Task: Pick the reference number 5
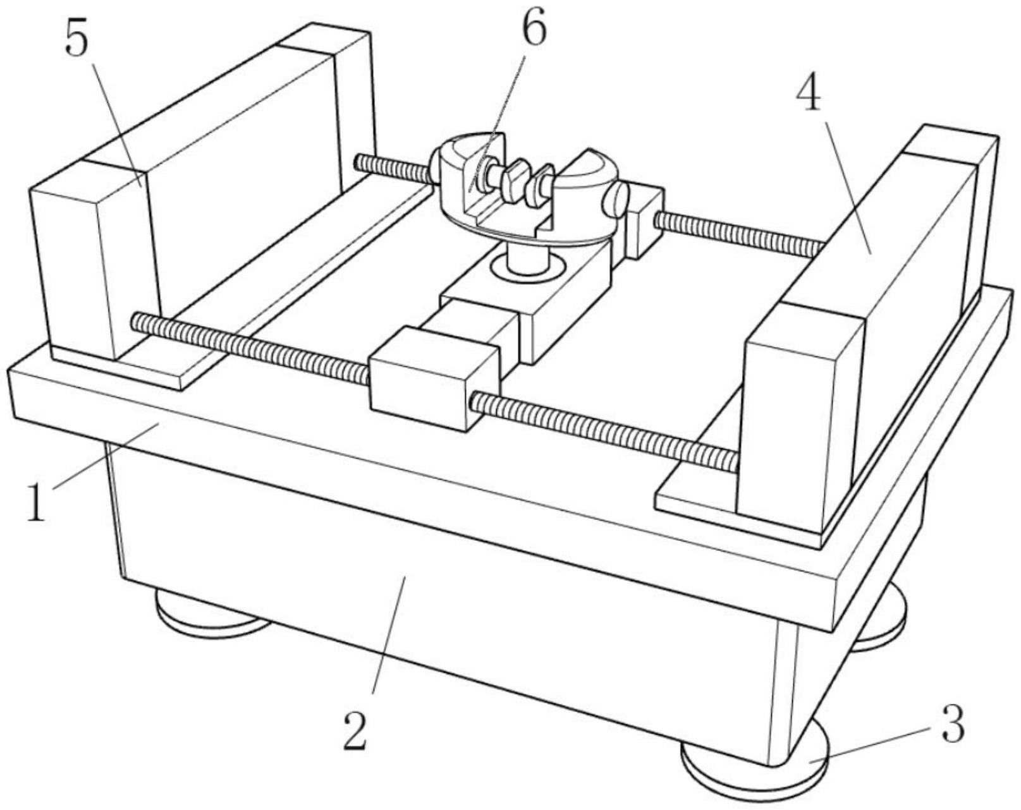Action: (x=77, y=42)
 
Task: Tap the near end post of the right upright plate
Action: (x=800, y=417)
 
